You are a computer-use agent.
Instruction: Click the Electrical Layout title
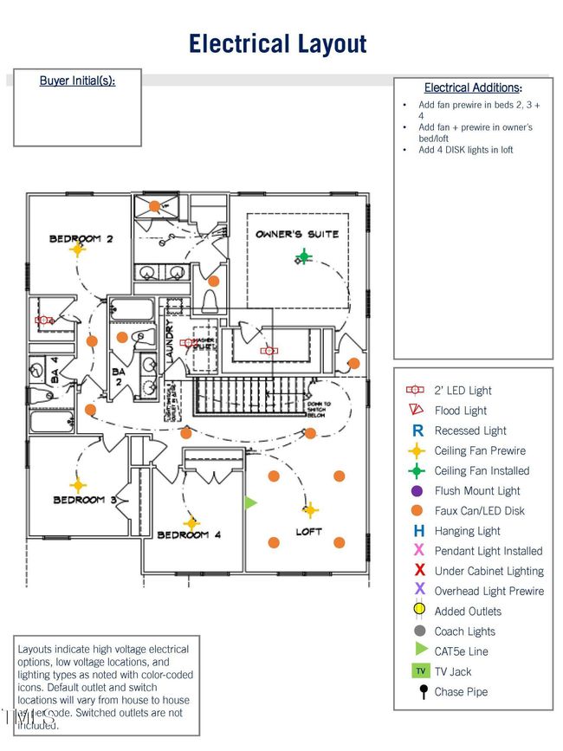tap(277, 43)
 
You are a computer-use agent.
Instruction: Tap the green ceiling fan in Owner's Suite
tap(303, 256)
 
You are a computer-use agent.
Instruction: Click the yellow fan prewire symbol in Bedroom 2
tap(77, 249)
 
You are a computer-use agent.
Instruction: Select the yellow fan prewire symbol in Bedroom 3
tap(78, 486)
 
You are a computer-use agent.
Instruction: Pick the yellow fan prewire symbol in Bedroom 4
tap(192, 522)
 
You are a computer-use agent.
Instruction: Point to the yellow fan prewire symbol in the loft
tap(309, 510)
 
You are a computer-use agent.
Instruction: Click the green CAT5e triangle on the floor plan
tap(251, 502)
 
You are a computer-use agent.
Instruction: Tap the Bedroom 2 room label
tap(81, 238)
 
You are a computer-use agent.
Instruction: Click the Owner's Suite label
tap(297, 234)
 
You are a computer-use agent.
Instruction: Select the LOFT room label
tap(309, 532)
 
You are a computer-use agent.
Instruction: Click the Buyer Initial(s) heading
tap(77, 81)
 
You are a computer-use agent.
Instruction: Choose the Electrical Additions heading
tap(473, 87)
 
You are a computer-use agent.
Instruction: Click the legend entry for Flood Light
tap(460, 411)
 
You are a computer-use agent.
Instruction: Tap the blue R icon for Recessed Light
tap(417, 431)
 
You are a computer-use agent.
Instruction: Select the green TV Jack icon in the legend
tap(419, 671)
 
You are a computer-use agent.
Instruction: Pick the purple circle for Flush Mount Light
tap(417, 491)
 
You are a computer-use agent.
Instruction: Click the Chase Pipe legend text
tap(461, 691)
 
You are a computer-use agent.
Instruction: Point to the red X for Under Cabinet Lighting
tap(419, 571)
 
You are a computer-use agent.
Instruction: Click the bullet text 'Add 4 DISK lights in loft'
tap(465, 150)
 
